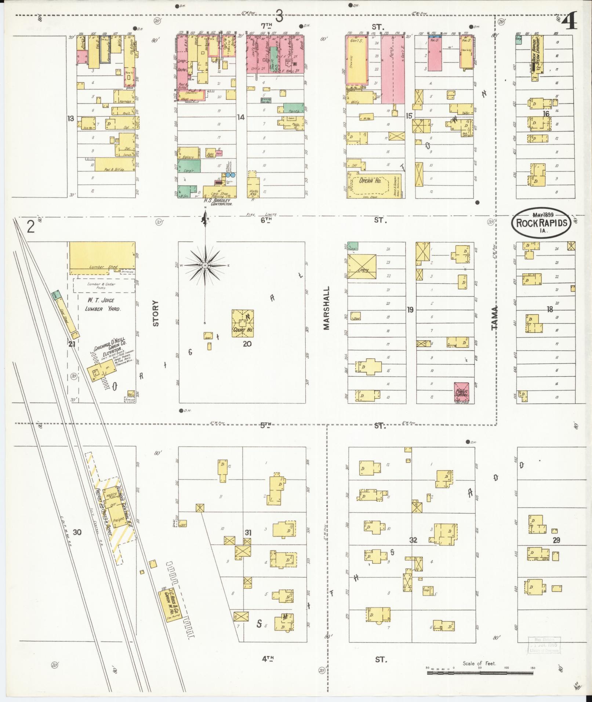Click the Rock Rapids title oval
point(541,222)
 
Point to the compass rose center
point(205,265)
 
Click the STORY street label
point(156,313)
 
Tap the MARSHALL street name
point(327,308)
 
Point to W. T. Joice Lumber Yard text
point(102,304)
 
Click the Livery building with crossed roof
point(362,266)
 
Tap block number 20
point(247,344)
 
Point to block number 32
point(413,540)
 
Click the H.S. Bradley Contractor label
point(218,202)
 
